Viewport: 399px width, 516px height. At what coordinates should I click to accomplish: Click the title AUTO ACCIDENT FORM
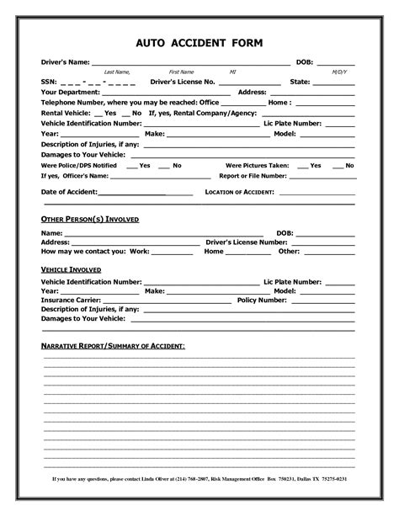tap(199, 42)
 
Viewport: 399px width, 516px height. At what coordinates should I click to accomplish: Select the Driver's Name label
tap(66, 62)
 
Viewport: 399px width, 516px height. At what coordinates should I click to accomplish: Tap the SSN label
tap(49, 82)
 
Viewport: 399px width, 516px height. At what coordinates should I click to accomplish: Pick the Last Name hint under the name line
tap(116, 72)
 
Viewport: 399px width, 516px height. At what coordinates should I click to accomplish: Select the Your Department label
tap(72, 93)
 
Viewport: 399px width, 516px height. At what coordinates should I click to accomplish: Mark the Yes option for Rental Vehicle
tap(109, 113)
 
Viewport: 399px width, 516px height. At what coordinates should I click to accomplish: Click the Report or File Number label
tap(253, 177)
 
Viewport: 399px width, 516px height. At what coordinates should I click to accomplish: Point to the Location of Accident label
tap(240, 193)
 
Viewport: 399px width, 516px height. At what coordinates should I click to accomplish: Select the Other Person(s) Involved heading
tap(90, 219)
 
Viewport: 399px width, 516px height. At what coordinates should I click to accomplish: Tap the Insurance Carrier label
tap(71, 300)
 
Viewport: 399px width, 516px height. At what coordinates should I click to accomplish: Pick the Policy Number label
tap(262, 300)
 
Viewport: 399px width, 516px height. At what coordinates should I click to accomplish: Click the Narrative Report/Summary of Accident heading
tap(114, 347)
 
